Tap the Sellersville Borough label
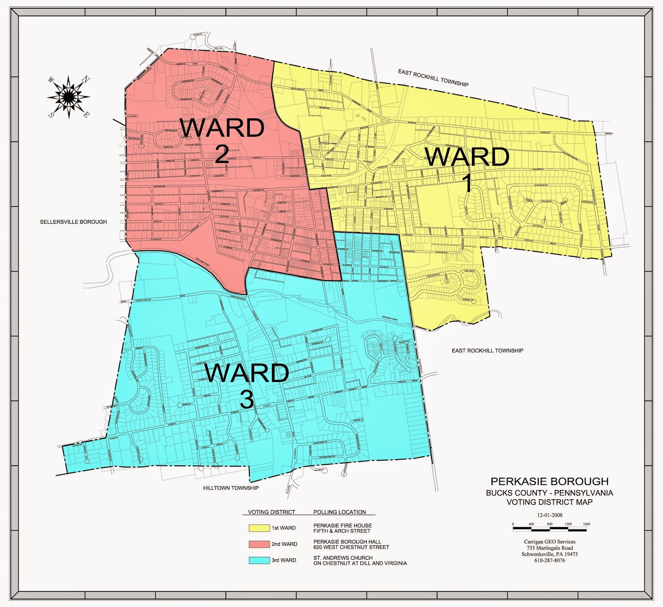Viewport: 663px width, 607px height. [73, 222]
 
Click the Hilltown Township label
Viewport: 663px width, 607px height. [231, 488]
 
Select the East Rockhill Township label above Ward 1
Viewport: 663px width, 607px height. [433, 78]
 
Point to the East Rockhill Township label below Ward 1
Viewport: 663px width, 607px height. [487, 351]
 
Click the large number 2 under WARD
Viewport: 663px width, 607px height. [222, 154]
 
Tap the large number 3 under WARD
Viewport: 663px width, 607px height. [247, 400]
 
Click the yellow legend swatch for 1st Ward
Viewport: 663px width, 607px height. [259, 528]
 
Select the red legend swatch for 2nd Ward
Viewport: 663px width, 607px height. [259, 544]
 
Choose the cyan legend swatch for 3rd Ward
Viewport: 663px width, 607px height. [259, 560]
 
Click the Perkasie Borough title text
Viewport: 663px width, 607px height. [549, 482]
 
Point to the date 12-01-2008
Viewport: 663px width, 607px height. [550, 515]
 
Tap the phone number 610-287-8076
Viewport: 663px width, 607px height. [549, 560]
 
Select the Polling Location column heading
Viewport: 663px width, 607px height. [339, 512]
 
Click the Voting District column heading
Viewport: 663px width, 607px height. [271, 512]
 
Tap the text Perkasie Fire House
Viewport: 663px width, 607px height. [342, 525]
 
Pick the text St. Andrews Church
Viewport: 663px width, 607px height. [343, 558]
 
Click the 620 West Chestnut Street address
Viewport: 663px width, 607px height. [351, 547]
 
